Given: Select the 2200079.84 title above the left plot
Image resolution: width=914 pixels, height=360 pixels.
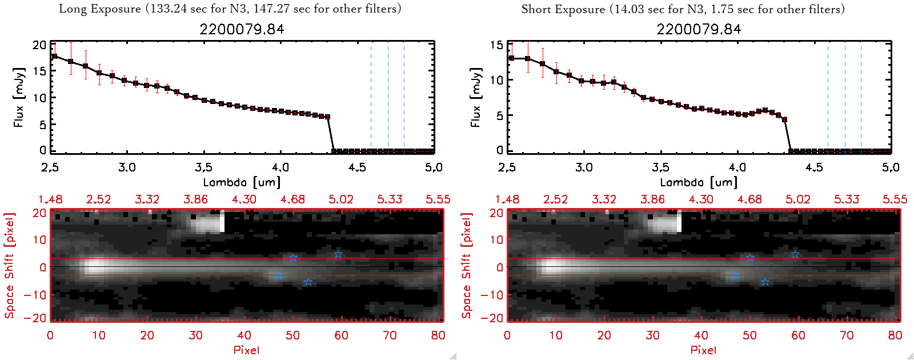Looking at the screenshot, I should [x=242, y=29].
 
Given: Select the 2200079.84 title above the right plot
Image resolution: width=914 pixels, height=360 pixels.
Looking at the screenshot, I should [x=699, y=29].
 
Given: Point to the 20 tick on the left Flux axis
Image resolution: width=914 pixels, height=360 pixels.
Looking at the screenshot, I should [x=39, y=45].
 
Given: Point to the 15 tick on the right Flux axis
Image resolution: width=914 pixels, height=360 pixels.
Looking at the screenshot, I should [x=496, y=45].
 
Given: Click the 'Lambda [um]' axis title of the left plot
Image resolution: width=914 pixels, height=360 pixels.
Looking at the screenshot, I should [x=242, y=182].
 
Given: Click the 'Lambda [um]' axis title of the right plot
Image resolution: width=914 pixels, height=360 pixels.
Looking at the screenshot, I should [x=699, y=182].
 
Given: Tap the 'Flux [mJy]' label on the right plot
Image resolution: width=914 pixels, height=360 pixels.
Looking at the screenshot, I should [x=475, y=97].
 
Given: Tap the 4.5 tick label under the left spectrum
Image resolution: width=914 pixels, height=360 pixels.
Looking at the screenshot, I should [x=357, y=167].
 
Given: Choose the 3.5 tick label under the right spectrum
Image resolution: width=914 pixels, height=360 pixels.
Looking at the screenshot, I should [x=660, y=167].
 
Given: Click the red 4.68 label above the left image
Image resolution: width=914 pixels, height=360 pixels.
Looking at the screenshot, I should [x=292, y=199].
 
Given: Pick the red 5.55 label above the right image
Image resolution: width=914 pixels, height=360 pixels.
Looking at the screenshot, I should [x=895, y=199].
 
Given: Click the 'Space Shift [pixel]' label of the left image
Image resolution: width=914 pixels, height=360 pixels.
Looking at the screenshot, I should [x=9, y=266].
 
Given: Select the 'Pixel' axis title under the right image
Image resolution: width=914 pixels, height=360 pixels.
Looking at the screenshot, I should [x=703, y=350].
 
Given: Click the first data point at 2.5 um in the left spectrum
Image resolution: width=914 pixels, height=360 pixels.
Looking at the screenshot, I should [x=55, y=56].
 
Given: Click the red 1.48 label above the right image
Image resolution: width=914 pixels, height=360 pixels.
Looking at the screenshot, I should [x=507, y=199].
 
